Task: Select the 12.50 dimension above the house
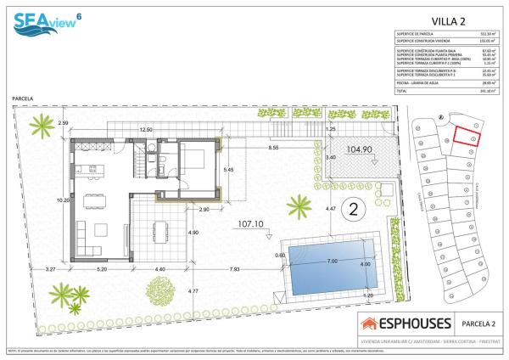point(146,129)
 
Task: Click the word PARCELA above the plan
point(23,98)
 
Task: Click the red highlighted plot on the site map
point(465,137)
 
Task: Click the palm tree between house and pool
point(299,206)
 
